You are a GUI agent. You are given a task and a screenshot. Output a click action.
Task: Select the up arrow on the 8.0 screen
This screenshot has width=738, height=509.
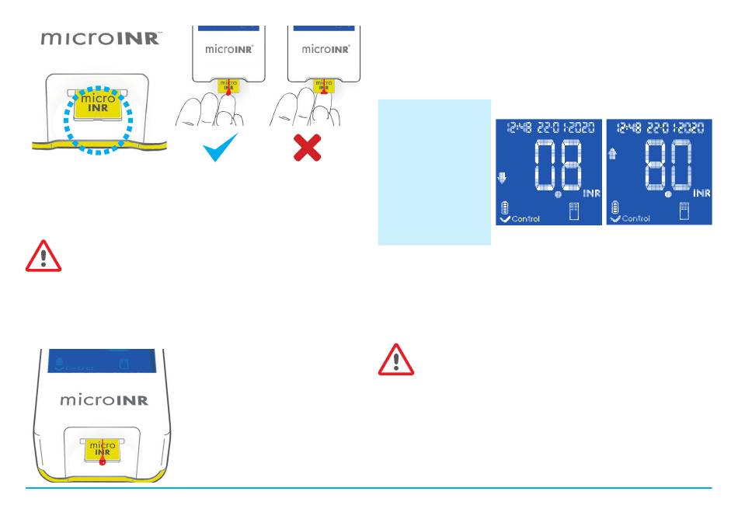tap(612, 155)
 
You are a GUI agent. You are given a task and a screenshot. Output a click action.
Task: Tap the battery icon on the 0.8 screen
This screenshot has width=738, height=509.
tap(504, 208)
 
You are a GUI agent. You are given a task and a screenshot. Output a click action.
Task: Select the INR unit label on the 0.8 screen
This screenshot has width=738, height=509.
tap(591, 193)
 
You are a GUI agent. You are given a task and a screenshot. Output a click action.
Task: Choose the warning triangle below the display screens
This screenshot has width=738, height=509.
tap(396, 360)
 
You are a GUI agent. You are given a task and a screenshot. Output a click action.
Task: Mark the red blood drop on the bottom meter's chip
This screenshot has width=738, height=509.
tap(102, 460)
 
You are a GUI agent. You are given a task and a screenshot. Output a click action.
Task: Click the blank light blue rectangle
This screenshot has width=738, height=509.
tap(434, 172)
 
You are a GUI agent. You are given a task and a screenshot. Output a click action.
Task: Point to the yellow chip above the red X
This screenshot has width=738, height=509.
tap(323, 85)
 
